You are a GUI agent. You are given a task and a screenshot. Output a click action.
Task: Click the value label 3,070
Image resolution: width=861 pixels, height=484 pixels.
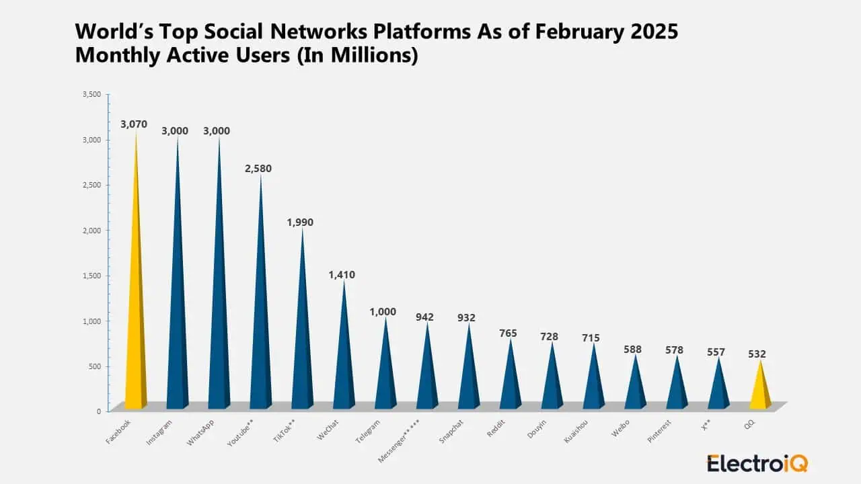[134, 124]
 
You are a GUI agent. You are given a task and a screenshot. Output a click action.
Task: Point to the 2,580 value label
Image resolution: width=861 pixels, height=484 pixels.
[258, 169]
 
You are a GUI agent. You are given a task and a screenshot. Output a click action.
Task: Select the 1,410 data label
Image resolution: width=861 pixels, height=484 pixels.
[342, 275]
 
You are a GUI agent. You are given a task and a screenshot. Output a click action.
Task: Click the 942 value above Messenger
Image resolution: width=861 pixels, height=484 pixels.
[424, 317]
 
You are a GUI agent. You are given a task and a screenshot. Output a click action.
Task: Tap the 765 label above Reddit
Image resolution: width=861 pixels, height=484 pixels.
[508, 333]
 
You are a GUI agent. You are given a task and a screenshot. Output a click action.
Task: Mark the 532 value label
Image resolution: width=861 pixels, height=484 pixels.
[757, 354]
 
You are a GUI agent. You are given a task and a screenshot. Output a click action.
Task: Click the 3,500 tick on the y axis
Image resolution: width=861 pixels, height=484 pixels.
[91, 95]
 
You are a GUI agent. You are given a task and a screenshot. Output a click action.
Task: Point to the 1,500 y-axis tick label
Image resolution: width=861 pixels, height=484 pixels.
[91, 276]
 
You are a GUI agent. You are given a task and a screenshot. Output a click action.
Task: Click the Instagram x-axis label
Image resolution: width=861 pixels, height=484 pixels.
[159, 433]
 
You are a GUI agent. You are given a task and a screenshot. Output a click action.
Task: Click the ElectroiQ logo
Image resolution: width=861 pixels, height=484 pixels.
[757, 463]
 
